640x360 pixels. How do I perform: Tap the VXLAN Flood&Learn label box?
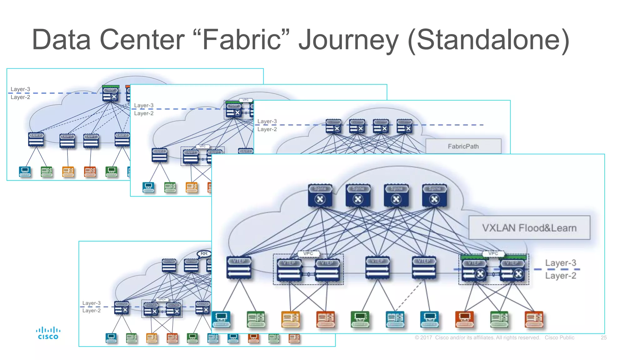click(529, 228)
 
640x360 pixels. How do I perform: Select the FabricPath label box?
click(463, 146)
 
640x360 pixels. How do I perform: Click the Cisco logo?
click(48, 333)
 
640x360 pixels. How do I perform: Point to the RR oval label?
click(204, 253)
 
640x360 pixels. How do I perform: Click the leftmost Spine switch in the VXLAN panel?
click(320, 196)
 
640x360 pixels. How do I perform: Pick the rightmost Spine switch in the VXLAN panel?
click(434, 196)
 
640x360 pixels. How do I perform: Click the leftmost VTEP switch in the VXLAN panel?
click(239, 267)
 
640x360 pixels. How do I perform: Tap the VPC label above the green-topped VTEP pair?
click(493, 253)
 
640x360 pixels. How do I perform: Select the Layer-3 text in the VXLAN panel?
click(561, 263)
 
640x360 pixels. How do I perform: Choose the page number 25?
click(603, 338)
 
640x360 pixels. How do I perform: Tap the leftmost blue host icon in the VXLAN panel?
click(221, 319)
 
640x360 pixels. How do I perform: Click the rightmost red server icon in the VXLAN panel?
click(534, 319)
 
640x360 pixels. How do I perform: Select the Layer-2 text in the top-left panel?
click(20, 97)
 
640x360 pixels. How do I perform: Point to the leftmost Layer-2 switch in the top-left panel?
click(36, 140)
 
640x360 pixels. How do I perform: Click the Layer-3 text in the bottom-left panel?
click(91, 303)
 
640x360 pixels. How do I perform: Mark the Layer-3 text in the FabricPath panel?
click(267, 121)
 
